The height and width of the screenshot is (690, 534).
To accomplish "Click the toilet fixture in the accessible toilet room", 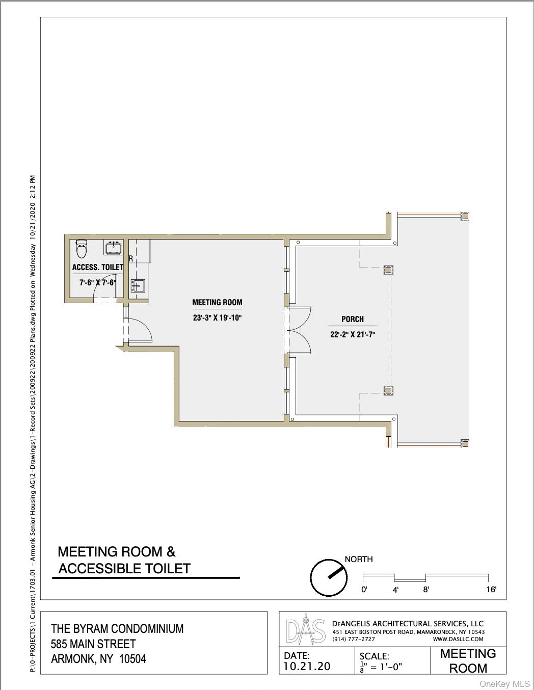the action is [82, 249].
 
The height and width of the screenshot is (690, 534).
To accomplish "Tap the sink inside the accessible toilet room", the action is [113, 247].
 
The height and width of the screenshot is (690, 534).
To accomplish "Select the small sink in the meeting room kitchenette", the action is [138, 286].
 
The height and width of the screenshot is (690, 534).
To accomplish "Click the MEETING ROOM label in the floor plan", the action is [217, 302].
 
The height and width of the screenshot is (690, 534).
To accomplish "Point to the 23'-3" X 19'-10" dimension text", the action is [218, 317].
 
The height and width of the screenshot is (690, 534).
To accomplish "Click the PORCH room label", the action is [353, 319].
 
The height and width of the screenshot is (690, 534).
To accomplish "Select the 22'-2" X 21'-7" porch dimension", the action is [353, 334].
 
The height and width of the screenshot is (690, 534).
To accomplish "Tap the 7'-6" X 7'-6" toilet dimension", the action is [98, 282].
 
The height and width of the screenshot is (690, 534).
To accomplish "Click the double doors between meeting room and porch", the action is [299, 331].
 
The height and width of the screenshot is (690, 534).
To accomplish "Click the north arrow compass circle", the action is [329, 577].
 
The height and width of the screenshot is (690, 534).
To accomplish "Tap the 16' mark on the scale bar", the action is [491, 590].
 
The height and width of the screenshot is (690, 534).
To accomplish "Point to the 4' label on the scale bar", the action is [395, 590].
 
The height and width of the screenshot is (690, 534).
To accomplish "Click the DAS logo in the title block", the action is [305, 632].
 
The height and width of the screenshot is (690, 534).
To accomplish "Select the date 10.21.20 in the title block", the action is [307, 666].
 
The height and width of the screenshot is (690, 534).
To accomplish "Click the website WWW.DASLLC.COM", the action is [458, 639].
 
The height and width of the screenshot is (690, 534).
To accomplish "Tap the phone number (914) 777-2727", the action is [354, 639].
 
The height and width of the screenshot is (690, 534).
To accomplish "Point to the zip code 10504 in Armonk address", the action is [132, 659].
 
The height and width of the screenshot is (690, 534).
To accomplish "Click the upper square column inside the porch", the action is [388, 270].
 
